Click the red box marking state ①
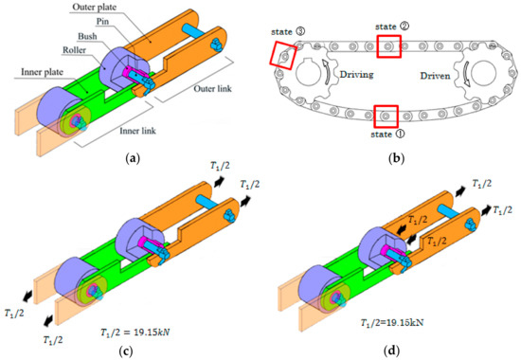point(386,115)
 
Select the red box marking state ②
point(389,46)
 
